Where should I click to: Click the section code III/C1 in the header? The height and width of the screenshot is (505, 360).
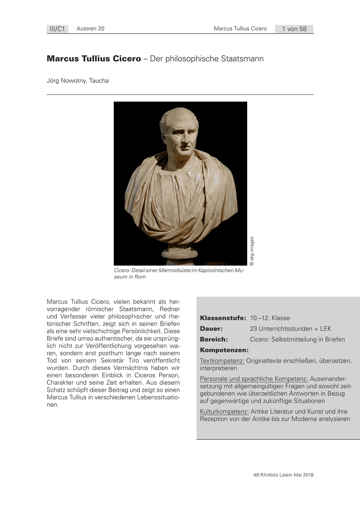57,29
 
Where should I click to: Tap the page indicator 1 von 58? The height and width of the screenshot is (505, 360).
294,29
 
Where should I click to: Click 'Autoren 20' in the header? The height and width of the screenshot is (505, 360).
91,29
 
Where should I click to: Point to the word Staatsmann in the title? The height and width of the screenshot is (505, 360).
242,59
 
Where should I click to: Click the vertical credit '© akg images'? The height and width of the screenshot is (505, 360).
252,252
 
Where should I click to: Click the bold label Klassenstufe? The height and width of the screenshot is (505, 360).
223,318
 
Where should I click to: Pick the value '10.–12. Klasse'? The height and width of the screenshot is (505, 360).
270,318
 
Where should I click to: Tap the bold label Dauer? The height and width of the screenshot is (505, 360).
211,329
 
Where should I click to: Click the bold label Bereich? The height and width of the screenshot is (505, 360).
214,339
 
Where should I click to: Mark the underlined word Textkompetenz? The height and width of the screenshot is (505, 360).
222,361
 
